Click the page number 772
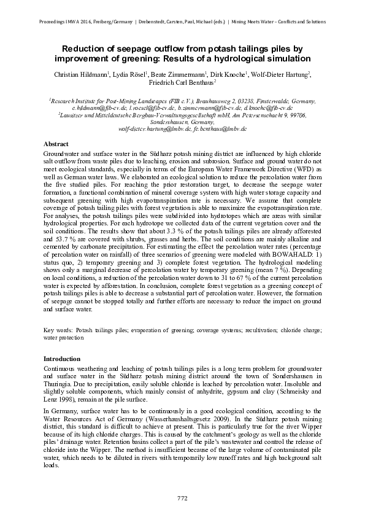pyautogui.click(x=182, y=497)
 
